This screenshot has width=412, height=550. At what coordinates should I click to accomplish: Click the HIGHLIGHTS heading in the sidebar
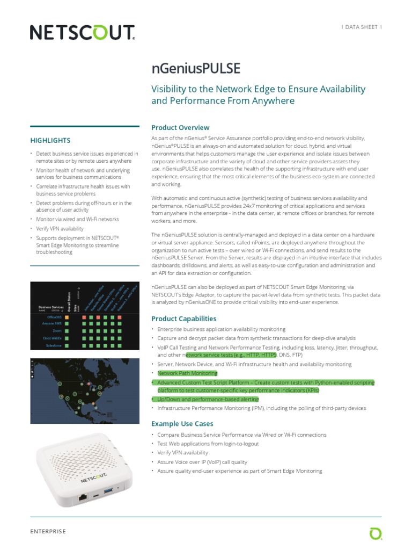(x=50, y=140)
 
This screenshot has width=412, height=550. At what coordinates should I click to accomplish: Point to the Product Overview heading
(x=180, y=127)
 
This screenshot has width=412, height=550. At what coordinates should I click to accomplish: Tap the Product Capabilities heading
(x=183, y=319)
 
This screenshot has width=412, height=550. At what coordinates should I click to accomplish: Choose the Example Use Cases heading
(x=182, y=424)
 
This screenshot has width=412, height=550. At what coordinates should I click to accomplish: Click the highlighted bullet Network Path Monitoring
(x=187, y=373)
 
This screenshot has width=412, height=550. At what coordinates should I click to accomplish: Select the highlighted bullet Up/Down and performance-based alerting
(x=208, y=400)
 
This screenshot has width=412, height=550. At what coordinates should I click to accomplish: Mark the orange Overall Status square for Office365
(x=67, y=317)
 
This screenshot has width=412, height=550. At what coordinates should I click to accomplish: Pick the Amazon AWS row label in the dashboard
(x=52, y=324)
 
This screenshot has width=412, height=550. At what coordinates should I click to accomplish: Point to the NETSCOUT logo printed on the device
(x=95, y=477)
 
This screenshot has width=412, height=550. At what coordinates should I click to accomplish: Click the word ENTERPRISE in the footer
(x=48, y=531)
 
